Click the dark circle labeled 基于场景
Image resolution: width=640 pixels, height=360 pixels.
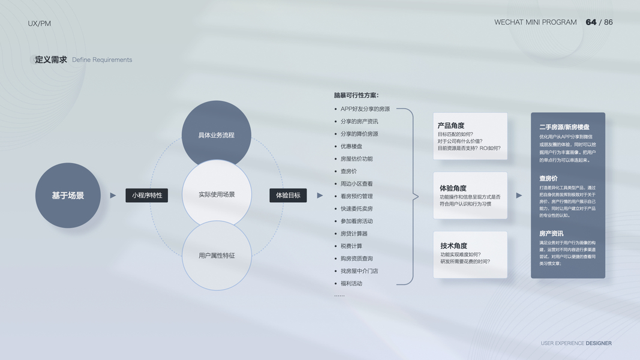(68, 196)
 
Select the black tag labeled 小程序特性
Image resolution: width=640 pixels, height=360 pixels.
(147, 195)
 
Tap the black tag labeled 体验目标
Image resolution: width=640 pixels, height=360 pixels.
(288, 195)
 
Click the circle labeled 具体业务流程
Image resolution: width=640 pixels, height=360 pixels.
(217, 133)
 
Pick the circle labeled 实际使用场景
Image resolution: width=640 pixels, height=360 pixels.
(217, 194)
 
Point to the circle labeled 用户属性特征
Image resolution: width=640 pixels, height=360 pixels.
(217, 256)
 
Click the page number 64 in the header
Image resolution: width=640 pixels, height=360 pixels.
(591, 22)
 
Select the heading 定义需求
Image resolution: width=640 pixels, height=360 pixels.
(51, 59)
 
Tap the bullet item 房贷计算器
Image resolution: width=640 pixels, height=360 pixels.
(354, 233)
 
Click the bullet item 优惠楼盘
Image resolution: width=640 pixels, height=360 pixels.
(351, 146)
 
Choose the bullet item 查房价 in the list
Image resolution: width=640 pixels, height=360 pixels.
(348, 171)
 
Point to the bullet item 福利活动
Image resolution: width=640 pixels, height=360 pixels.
(351, 283)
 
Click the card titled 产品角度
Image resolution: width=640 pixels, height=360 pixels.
(470, 136)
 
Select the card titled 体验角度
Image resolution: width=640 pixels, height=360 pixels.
(470, 196)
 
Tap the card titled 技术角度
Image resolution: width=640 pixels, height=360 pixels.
(470, 254)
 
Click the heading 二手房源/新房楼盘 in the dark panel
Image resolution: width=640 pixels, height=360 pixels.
(564, 127)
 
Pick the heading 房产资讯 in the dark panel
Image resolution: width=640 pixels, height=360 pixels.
(551, 233)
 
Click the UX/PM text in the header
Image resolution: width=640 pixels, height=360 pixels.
(40, 23)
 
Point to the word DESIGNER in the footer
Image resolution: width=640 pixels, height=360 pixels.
(599, 343)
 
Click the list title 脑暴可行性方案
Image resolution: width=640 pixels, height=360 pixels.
(356, 95)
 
